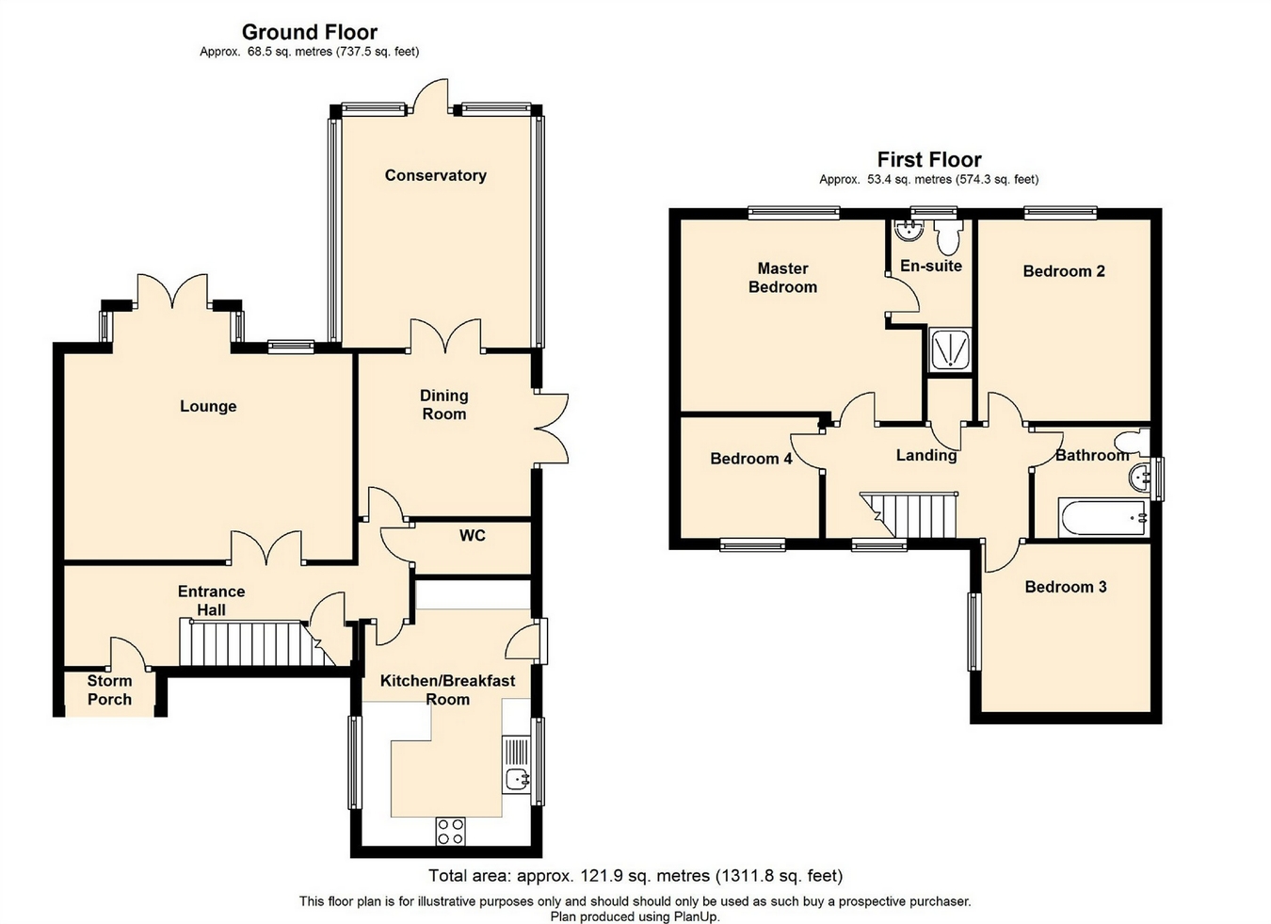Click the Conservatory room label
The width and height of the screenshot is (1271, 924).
pos(435,175)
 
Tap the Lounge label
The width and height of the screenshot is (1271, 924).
pos(208,406)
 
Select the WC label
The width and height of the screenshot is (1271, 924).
pos(472,535)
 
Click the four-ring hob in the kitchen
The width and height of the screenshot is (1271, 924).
pos(450,832)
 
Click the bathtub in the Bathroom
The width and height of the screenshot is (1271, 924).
pos(1103,517)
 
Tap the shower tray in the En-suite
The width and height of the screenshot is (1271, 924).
pos(949,349)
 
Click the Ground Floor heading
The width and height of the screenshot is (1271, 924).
pos(309,32)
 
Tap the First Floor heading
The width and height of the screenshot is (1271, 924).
pos(929,159)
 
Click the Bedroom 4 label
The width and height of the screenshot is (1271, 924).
pos(750,459)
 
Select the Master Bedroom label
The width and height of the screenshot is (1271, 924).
pos(782,278)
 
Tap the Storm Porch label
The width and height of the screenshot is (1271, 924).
pos(109,690)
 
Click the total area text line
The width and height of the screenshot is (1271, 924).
pos(635,876)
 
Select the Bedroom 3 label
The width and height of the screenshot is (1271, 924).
pos(1066,587)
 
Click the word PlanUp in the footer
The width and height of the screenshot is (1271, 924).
pos(696,916)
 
